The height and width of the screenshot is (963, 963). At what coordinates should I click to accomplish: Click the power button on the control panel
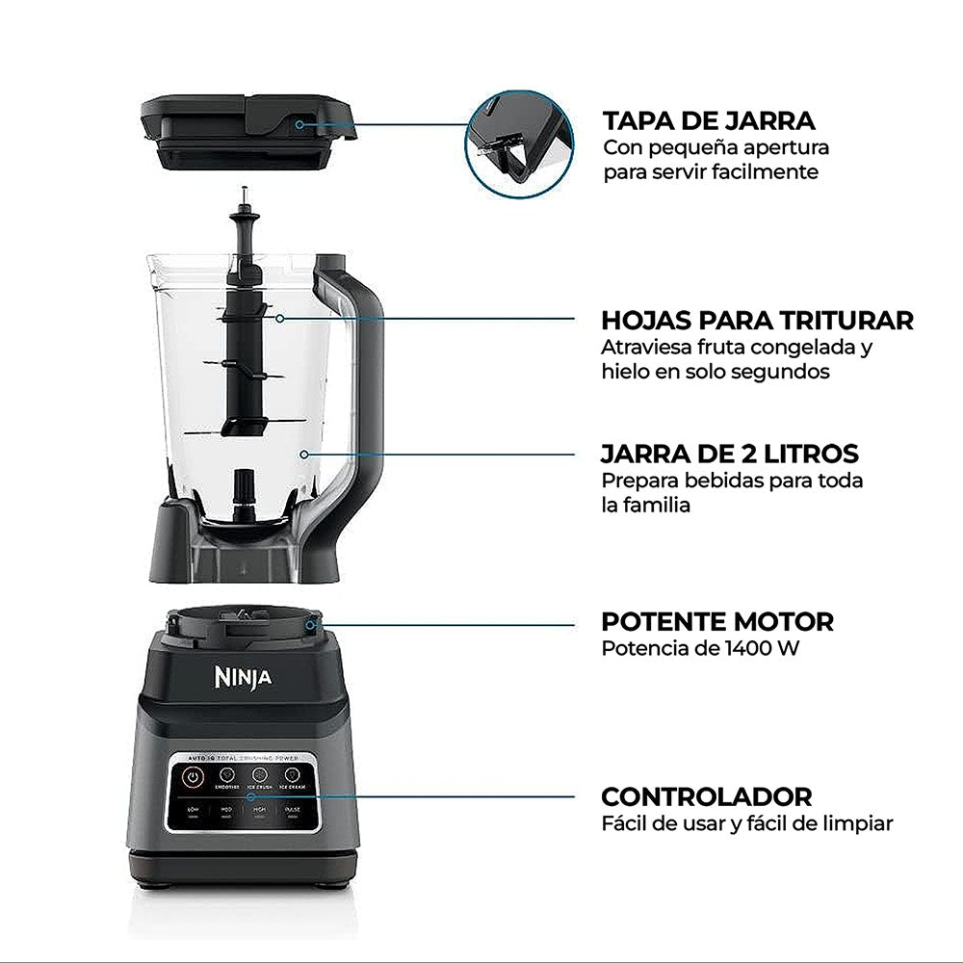pyautogui.click(x=194, y=775)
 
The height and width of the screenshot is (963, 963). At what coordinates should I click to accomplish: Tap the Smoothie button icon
pyautogui.click(x=227, y=773)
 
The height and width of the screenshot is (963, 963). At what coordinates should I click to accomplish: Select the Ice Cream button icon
pyautogui.click(x=291, y=773)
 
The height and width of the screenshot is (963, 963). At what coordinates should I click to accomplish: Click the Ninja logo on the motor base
pyautogui.click(x=242, y=678)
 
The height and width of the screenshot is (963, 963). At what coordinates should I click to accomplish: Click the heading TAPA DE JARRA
pyautogui.click(x=709, y=120)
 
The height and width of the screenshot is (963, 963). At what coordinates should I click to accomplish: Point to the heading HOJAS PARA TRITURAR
pyautogui.click(x=757, y=320)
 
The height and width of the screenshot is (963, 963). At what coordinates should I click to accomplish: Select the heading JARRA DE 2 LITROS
pyautogui.click(x=729, y=453)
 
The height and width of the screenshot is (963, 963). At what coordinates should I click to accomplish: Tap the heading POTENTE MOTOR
pyautogui.click(x=717, y=621)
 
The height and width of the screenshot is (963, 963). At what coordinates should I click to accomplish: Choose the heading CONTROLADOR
pyautogui.click(x=706, y=796)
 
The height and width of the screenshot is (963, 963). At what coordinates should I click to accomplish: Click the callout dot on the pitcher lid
pyautogui.click(x=299, y=124)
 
